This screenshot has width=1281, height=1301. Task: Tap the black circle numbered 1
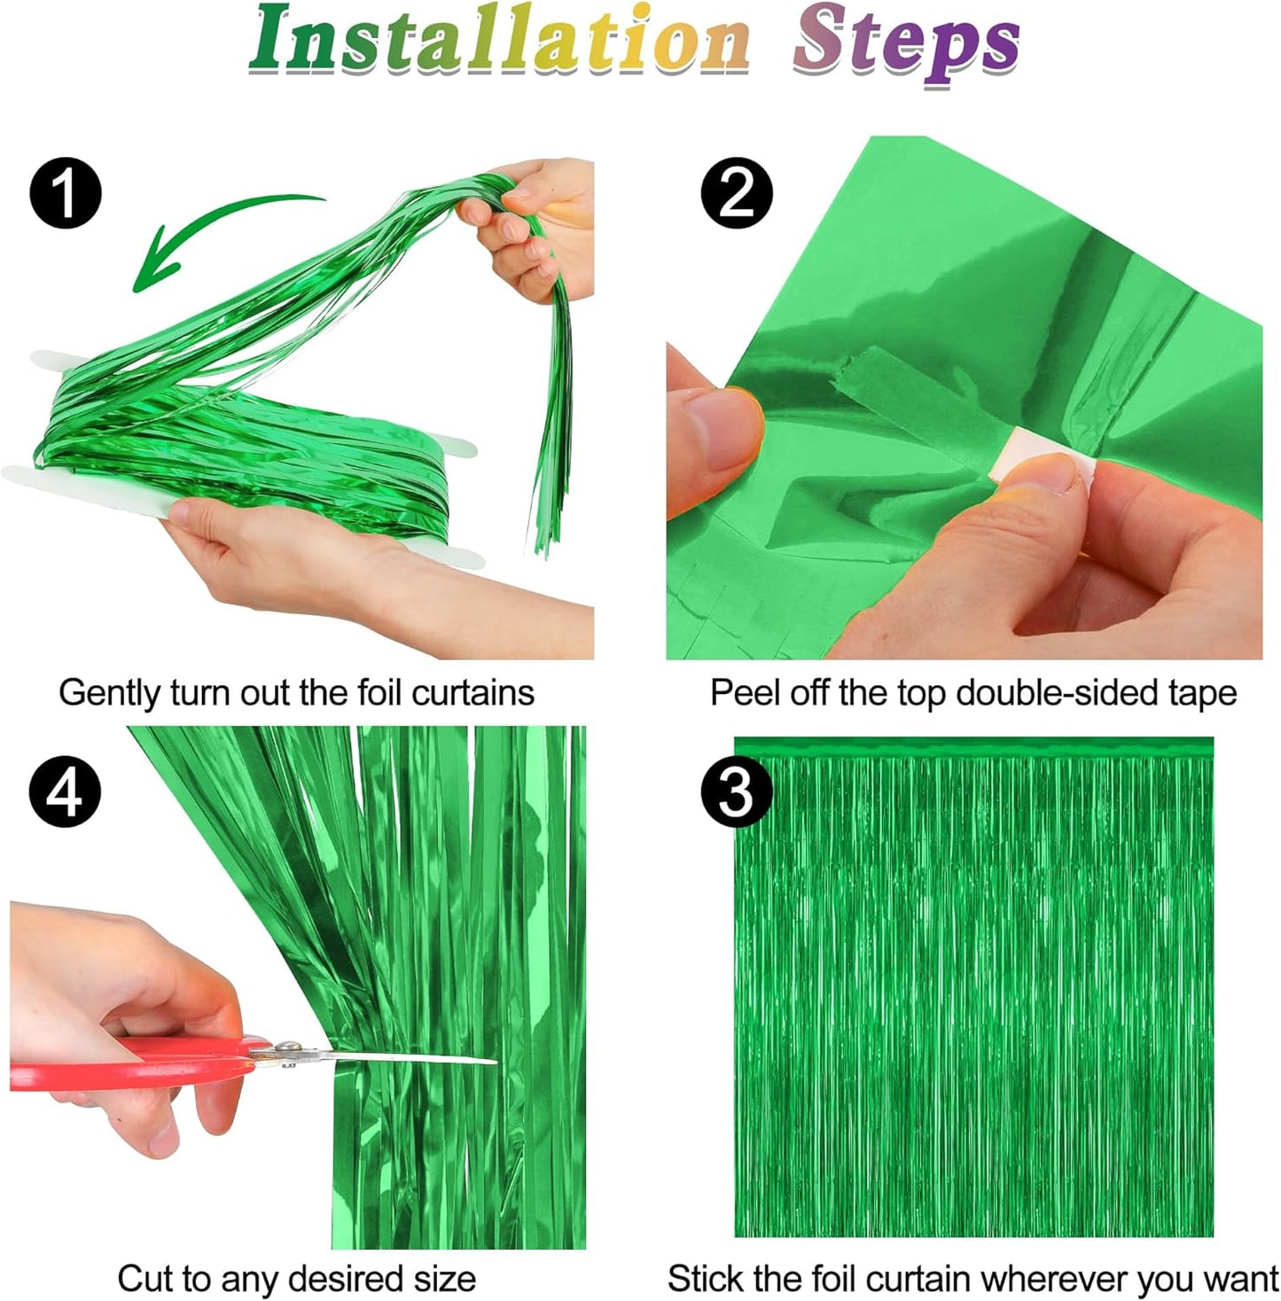(66, 192)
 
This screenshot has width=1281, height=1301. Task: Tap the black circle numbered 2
(737, 192)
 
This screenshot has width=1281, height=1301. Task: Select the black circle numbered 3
(737, 791)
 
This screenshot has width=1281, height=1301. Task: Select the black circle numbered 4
(65, 791)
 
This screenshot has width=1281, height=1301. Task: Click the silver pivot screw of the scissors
(286, 1049)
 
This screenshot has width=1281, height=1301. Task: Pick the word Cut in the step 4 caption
(142, 1279)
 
